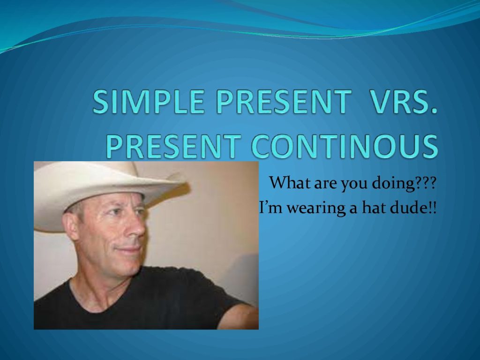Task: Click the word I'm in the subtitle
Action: pos(270,208)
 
